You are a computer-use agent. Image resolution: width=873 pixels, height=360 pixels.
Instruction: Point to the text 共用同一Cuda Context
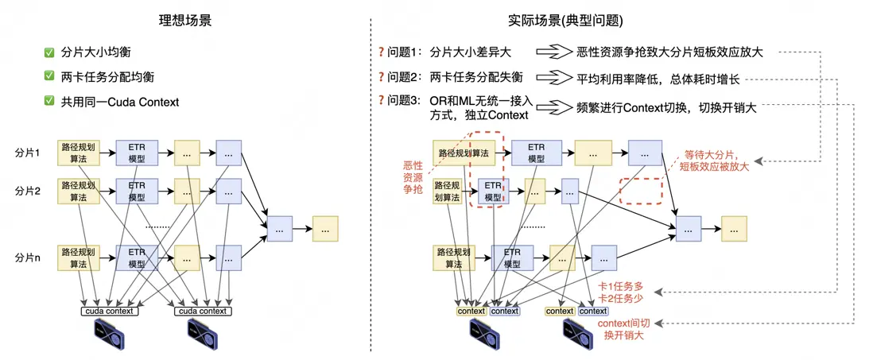[x=120, y=101]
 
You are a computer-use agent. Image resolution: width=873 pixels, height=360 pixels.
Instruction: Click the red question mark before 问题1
[x=382, y=52]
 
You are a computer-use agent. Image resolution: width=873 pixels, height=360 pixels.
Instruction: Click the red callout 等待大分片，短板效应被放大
[x=717, y=161]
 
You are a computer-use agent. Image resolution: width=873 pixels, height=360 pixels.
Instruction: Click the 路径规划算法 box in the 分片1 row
[x=77, y=152]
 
